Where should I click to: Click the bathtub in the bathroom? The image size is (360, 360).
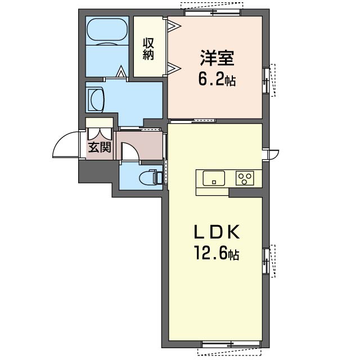(107, 31)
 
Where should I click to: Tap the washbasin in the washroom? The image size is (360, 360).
(96, 100)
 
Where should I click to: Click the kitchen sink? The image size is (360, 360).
(214, 178)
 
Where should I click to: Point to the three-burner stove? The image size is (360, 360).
(245, 178)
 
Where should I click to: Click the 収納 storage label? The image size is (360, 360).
(148, 49)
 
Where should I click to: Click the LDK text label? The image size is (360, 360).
(217, 232)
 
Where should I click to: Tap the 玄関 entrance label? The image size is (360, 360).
(100, 147)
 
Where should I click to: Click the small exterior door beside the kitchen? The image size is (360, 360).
(271, 154)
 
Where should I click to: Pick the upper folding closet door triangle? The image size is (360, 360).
(174, 25)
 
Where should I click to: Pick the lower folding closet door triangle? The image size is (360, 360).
(174, 69)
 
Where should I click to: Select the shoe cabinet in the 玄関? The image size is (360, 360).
(100, 123)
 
